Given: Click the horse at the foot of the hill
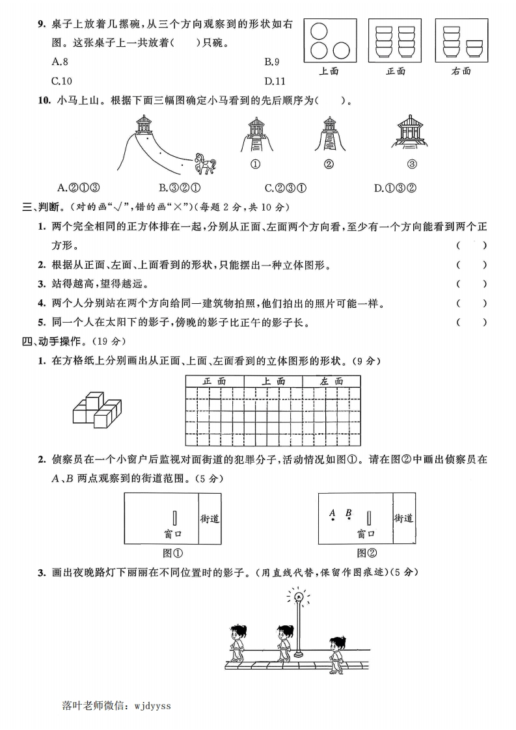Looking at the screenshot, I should tap(206, 163).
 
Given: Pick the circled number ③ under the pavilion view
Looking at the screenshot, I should tap(411, 164).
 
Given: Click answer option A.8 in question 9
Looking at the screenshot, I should tap(60, 62).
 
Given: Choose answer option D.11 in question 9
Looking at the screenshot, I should tap(275, 81).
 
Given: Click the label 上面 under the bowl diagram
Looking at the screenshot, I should tap(329, 71).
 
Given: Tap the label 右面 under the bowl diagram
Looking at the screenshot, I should tap(461, 71).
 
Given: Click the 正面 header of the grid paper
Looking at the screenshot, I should tap(215, 381).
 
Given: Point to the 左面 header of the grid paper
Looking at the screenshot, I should tap(331, 381).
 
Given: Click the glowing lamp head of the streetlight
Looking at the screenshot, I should tap(299, 595).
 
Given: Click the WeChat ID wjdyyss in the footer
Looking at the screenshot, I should tap(152, 705).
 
